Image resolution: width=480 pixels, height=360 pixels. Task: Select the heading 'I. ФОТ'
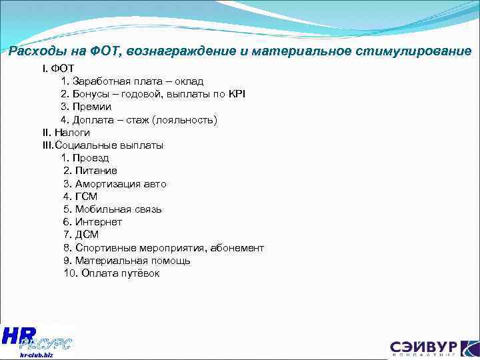point(58,68)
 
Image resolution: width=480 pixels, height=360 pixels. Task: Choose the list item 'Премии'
point(93,106)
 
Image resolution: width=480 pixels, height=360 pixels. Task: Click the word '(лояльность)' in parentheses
point(185,119)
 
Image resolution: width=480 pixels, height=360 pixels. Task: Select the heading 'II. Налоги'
point(65,132)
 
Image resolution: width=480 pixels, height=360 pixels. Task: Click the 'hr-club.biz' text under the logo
point(36,355)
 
